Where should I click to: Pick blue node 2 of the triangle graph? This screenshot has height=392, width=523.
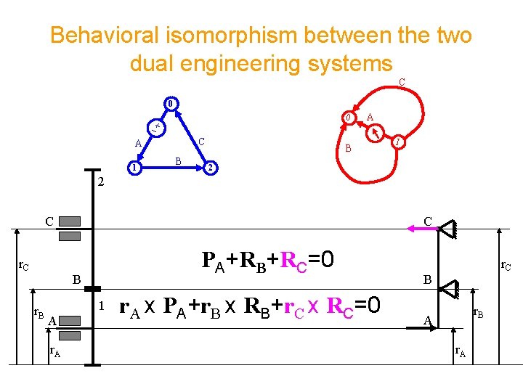[x=209, y=169]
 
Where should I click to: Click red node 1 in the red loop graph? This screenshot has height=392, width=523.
[x=398, y=142]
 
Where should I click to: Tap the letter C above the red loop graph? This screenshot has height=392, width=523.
[x=402, y=83]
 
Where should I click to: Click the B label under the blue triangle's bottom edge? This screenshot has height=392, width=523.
[x=178, y=160]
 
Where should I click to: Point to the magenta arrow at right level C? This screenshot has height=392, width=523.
[x=429, y=229]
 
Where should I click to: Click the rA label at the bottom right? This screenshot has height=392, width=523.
[x=461, y=352]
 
